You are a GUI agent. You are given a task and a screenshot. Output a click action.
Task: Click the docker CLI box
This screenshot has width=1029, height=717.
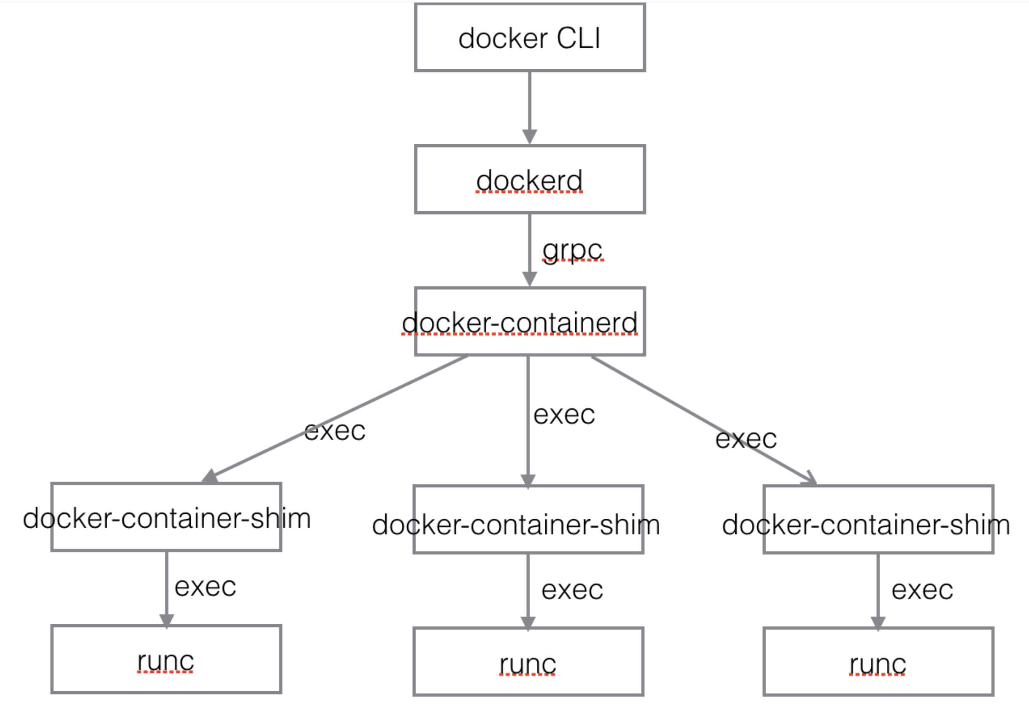coord(529,37)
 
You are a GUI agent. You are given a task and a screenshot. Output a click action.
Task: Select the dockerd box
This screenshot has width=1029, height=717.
coord(529,179)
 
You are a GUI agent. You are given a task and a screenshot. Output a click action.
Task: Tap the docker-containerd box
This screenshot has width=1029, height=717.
coord(529,321)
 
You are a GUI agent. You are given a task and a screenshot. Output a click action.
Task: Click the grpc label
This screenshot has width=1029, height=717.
coord(572,250)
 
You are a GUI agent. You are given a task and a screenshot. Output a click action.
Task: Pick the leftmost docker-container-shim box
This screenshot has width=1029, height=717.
coord(166,517)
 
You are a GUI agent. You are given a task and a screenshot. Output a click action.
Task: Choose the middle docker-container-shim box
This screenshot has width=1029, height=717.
coord(528,520)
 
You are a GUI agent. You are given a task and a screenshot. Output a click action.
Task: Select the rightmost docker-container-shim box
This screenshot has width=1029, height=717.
coord(878,520)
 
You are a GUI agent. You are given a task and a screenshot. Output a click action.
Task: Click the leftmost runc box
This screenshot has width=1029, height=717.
coord(166,659)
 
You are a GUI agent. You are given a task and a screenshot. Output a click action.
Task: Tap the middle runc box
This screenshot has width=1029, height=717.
coord(528,662)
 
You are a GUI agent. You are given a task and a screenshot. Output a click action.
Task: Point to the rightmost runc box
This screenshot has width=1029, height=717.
coord(878,662)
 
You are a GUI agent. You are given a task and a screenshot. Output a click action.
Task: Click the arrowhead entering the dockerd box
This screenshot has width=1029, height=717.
coord(529,136)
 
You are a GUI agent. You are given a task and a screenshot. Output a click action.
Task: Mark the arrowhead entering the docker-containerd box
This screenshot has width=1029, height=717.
coord(529,278)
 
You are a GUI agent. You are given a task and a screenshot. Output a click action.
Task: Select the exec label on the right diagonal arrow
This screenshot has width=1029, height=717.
coord(746,439)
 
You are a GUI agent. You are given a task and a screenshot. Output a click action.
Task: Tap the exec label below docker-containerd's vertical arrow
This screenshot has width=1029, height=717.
coord(564,415)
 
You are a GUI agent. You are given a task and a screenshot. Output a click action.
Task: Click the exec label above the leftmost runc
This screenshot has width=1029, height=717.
coord(205,587)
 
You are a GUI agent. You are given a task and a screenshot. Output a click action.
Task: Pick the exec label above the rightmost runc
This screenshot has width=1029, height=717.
coord(922,590)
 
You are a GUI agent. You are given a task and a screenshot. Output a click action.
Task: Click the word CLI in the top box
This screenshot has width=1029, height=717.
coord(578,38)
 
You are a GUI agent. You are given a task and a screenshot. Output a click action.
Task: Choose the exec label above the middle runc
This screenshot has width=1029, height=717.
coord(572,590)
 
